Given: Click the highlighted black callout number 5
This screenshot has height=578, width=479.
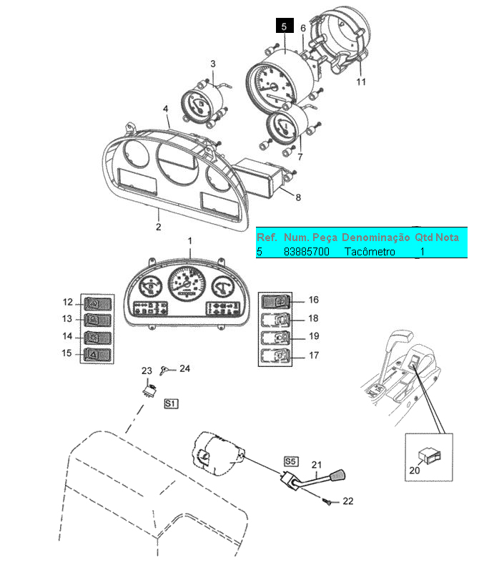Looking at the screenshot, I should [284, 26].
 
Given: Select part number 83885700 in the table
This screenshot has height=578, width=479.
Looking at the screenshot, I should [307, 252].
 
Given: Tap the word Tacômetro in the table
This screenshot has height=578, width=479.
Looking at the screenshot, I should [370, 252].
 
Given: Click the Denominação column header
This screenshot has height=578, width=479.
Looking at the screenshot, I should [376, 237].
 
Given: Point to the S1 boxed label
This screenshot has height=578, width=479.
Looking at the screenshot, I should [171, 404].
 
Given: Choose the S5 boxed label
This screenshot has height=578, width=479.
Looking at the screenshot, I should [290, 461].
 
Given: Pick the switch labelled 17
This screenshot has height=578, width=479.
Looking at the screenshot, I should [276, 355].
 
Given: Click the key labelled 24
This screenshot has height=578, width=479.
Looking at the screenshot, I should [167, 370].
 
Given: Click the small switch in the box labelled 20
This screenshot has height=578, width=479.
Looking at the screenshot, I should [429, 453].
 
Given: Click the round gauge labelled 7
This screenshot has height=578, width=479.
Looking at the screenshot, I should [283, 129].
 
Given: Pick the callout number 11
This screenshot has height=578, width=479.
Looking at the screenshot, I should [361, 82].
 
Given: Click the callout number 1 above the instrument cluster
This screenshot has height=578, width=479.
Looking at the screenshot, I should [190, 241].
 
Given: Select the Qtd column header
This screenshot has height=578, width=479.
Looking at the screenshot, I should [425, 237].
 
